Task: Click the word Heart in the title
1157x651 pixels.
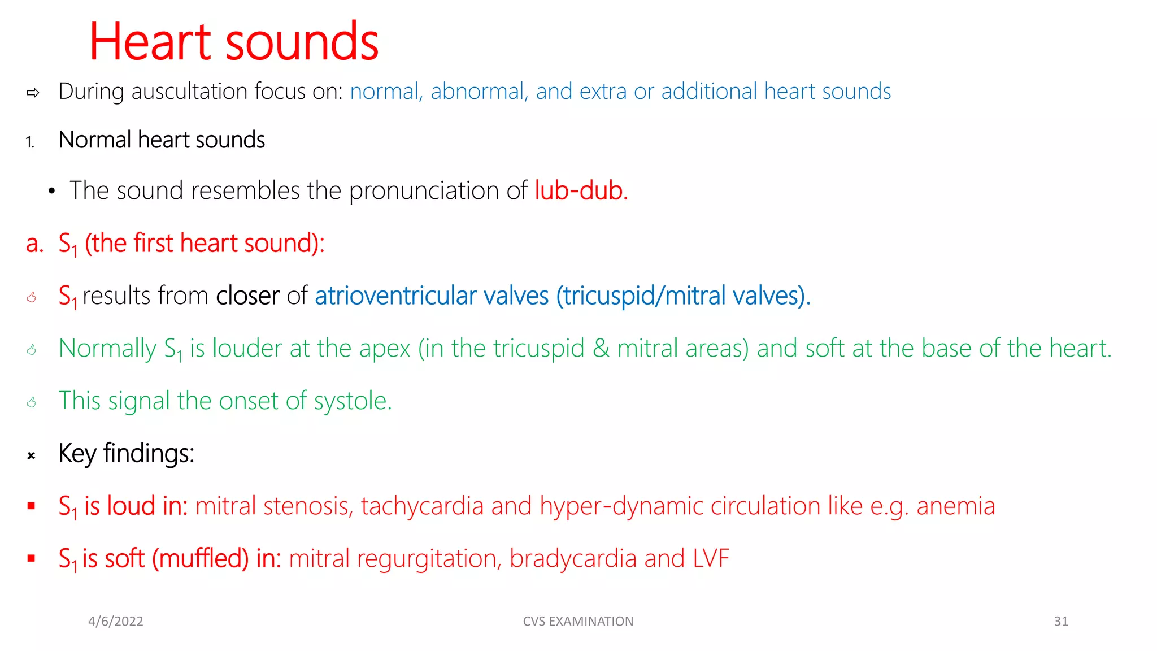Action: click(150, 42)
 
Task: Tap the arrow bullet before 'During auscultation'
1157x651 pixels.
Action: click(33, 93)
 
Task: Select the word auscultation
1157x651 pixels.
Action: click(189, 92)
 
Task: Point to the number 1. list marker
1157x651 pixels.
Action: click(30, 142)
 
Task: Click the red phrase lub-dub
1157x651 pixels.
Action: click(581, 190)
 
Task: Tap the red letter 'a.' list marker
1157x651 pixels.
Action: click(34, 244)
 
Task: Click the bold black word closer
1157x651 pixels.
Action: click(247, 296)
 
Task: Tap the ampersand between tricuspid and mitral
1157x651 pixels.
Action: click(601, 349)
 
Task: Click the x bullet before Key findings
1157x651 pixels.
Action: click(32, 455)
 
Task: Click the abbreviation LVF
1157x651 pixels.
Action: click(711, 559)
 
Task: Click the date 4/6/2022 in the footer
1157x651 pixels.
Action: click(116, 622)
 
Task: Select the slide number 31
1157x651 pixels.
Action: click(1061, 622)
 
